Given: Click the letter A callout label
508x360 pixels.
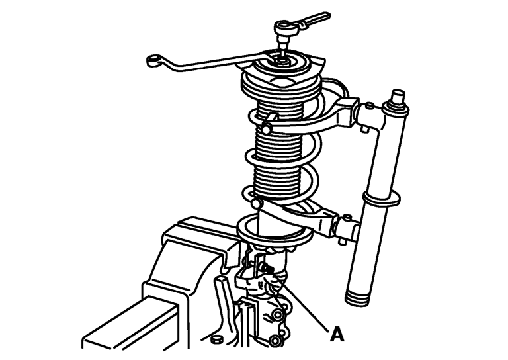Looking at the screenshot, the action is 337,335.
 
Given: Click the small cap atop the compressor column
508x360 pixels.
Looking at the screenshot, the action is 398,96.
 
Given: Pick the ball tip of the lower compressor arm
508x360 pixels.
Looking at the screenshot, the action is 257,203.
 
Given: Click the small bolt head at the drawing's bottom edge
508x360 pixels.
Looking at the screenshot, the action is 216,340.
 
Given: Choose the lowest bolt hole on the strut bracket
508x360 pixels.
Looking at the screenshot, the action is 275,341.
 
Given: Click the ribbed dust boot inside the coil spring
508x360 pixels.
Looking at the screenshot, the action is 279,149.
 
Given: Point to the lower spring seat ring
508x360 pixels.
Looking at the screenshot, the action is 275,231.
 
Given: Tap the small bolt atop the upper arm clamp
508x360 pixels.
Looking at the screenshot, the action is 368,106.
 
